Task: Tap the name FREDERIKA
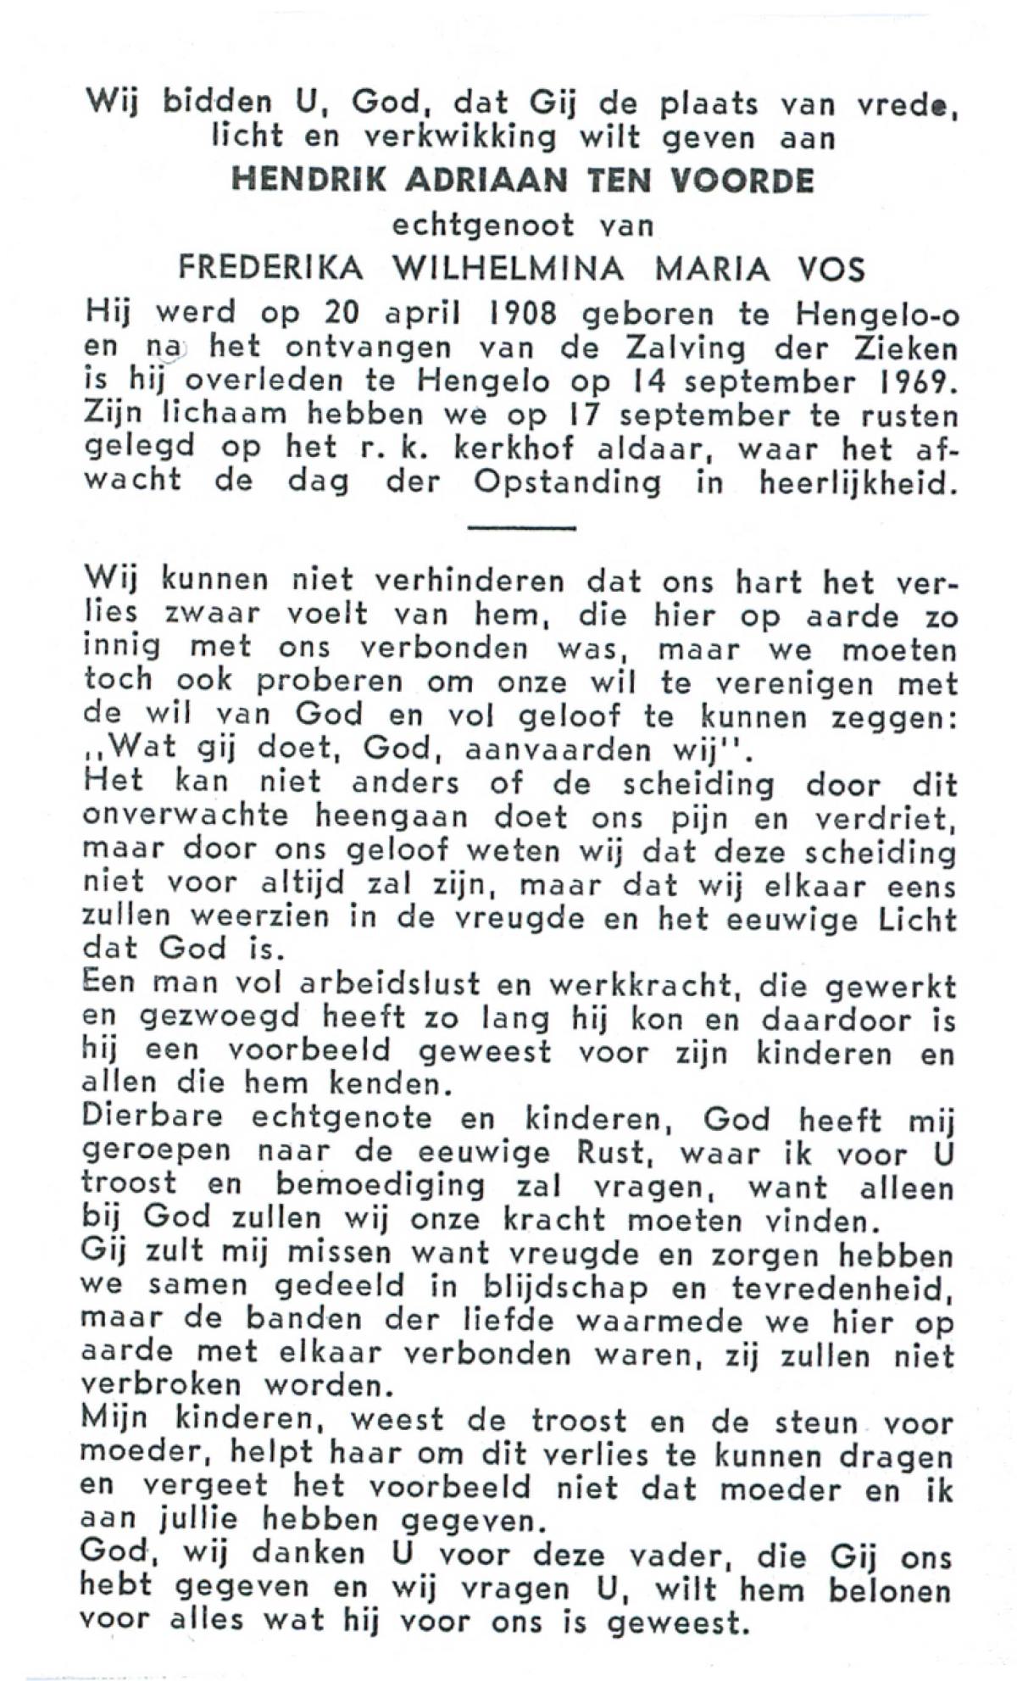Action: click(x=271, y=269)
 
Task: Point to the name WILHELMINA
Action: click(x=509, y=269)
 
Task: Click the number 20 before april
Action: click(x=344, y=314)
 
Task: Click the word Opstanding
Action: click(x=567, y=483)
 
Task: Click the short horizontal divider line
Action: click(x=521, y=529)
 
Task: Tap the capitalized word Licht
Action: click(x=916, y=919)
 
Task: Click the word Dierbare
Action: click(x=153, y=1117)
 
